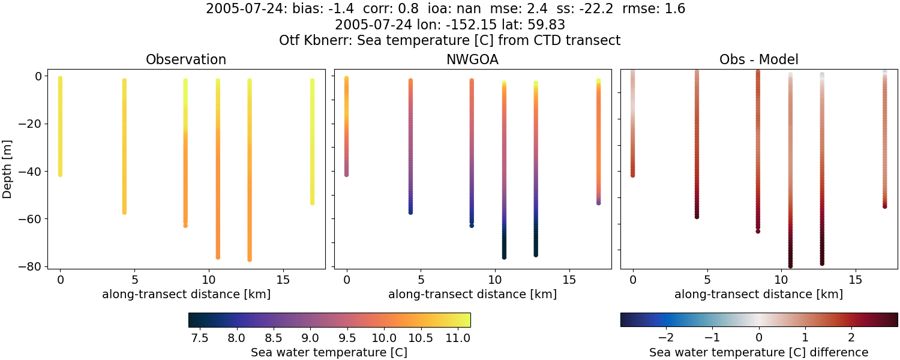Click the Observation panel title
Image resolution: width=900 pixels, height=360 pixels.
click(186, 59)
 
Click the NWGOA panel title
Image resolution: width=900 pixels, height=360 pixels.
click(472, 59)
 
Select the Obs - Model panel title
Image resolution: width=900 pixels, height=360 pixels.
click(758, 59)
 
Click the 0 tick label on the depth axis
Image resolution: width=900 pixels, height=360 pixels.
click(37, 76)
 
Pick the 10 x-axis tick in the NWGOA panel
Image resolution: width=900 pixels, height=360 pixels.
click(495, 280)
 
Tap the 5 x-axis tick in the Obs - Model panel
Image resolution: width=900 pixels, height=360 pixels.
click(707, 280)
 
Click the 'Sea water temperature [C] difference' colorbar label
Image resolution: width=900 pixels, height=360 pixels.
click(758, 352)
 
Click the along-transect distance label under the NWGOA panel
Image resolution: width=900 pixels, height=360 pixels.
click(472, 294)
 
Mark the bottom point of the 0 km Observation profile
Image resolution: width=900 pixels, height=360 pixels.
click(60, 174)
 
